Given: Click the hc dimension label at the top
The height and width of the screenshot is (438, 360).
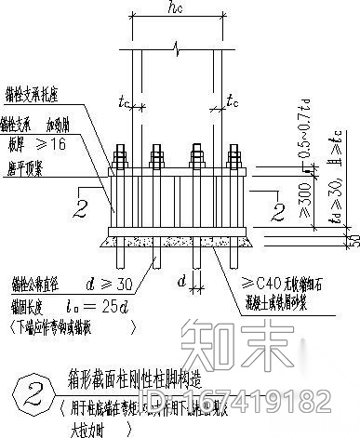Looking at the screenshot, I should point(176,12).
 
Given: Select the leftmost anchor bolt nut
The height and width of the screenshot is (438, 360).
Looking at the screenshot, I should point(119,156).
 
